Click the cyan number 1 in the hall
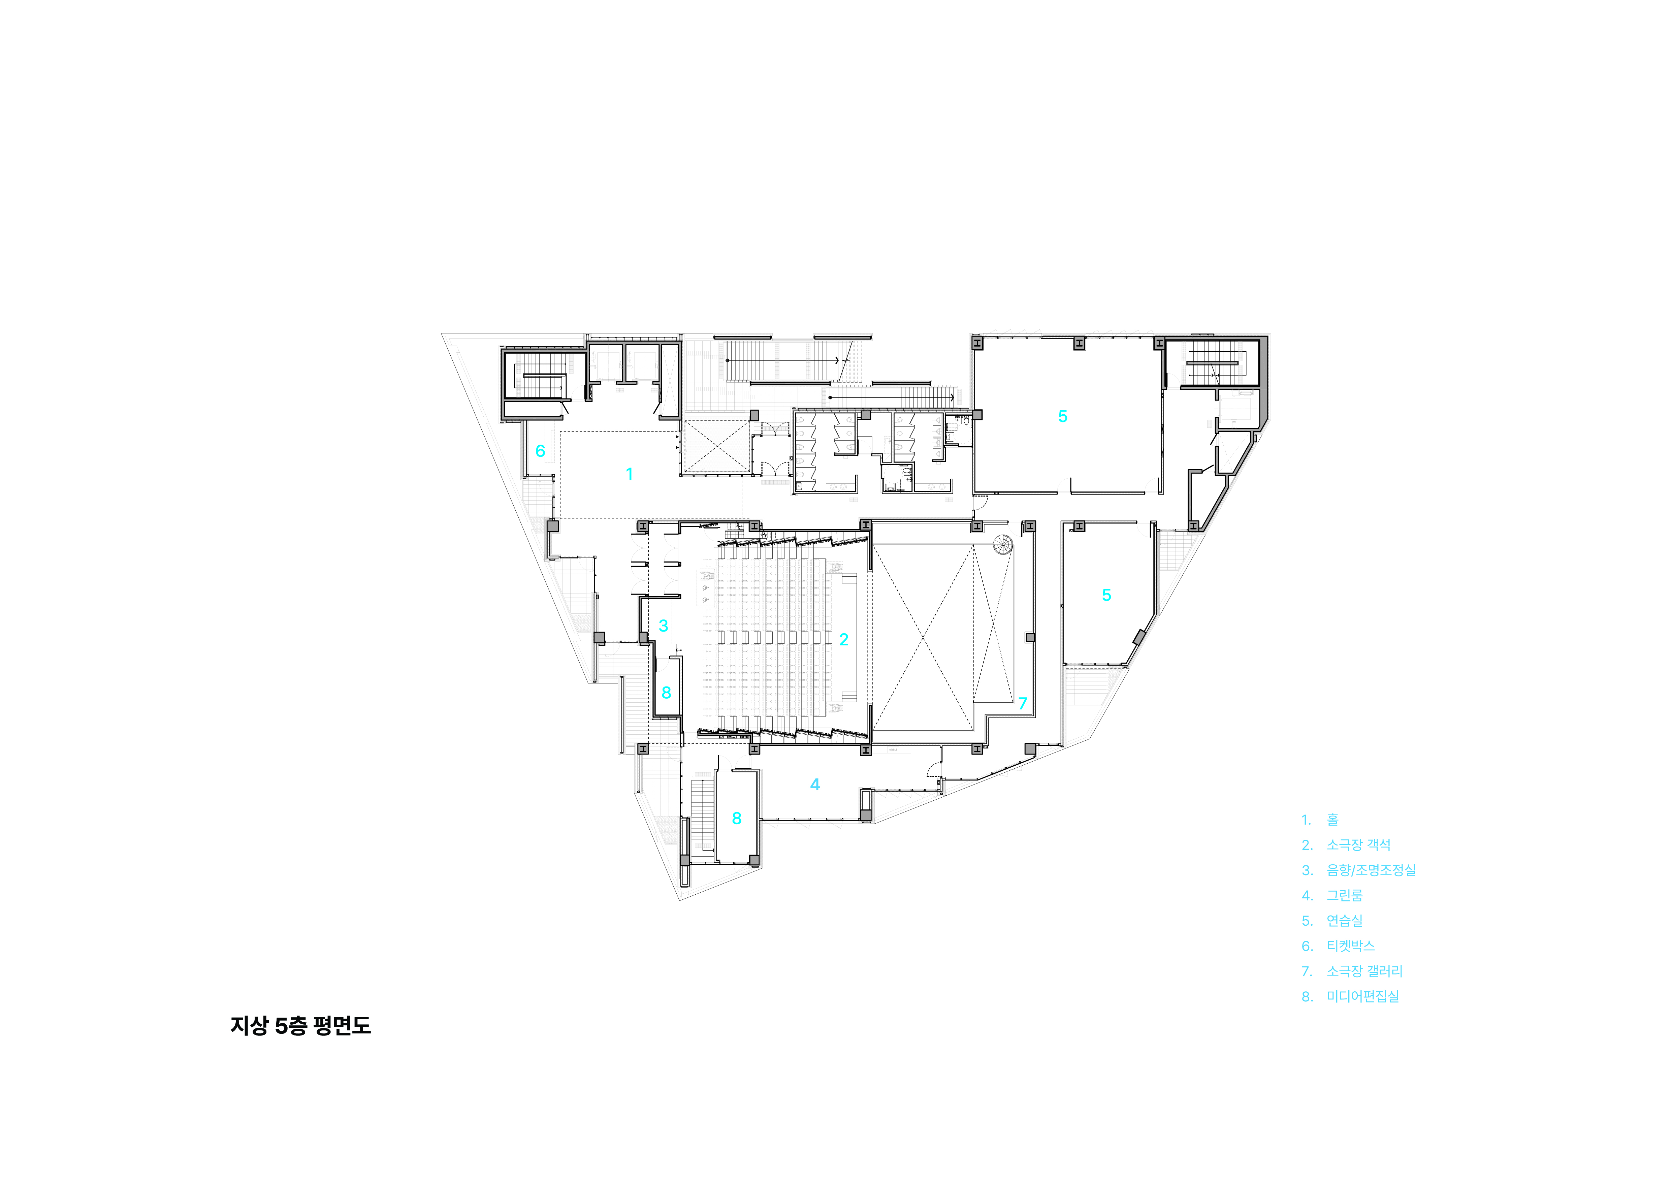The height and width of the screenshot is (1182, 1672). pos(629,474)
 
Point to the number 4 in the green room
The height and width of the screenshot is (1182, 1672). pos(815,785)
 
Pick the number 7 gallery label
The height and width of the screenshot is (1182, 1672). pos(1022,704)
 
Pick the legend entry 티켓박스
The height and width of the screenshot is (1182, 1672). pos(1351,946)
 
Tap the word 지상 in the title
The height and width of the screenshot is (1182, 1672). pos(249,1025)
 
